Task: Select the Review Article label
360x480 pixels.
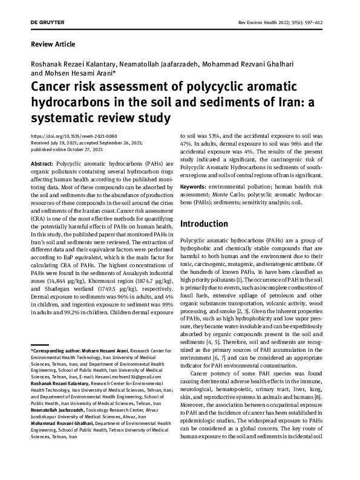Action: tap(53, 44)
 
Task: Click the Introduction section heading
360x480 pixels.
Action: tap(210, 223)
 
